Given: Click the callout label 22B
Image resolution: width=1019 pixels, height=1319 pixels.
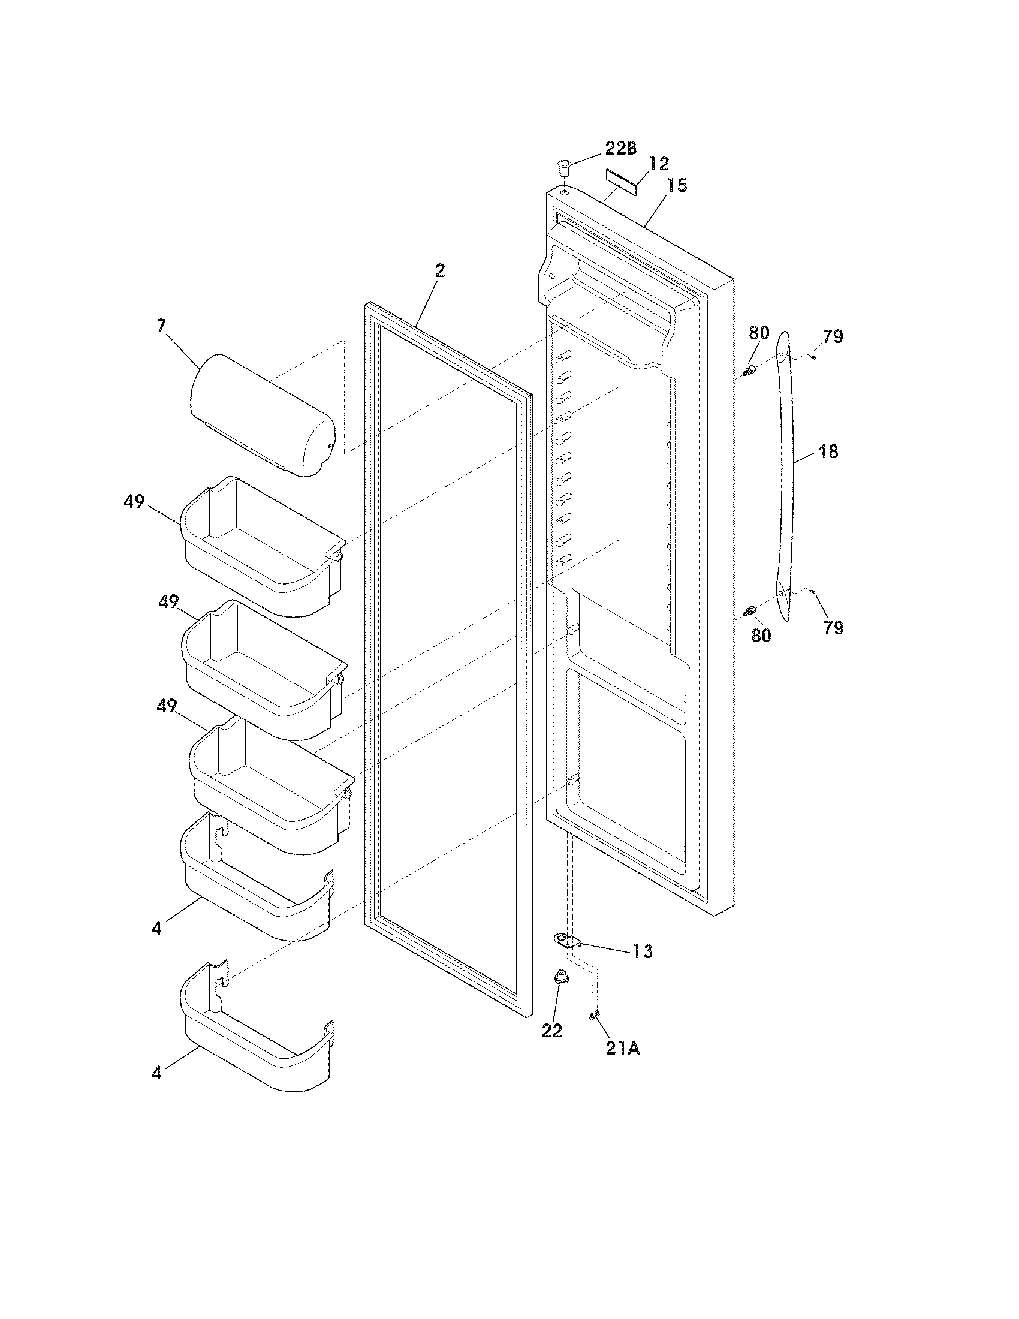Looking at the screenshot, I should (x=620, y=149).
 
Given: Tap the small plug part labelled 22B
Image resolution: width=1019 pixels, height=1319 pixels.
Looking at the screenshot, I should (x=563, y=165).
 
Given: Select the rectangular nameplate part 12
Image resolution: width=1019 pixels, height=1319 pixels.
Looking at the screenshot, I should (x=620, y=182).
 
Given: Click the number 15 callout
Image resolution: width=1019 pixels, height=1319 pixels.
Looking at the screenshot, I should (x=677, y=186).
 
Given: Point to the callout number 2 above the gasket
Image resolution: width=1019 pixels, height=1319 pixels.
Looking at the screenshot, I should (x=440, y=271).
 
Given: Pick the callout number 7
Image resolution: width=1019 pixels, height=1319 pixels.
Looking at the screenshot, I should (x=161, y=326).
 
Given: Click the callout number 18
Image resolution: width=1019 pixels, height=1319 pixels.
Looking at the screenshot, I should (x=829, y=451).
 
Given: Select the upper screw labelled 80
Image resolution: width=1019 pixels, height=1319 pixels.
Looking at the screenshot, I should (x=750, y=370).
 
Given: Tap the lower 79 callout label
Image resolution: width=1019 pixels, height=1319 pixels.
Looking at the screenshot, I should (x=833, y=628).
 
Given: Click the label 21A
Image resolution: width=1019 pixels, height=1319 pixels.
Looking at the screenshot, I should (x=622, y=1049).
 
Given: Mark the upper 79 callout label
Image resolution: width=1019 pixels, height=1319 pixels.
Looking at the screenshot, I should (x=833, y=336).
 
